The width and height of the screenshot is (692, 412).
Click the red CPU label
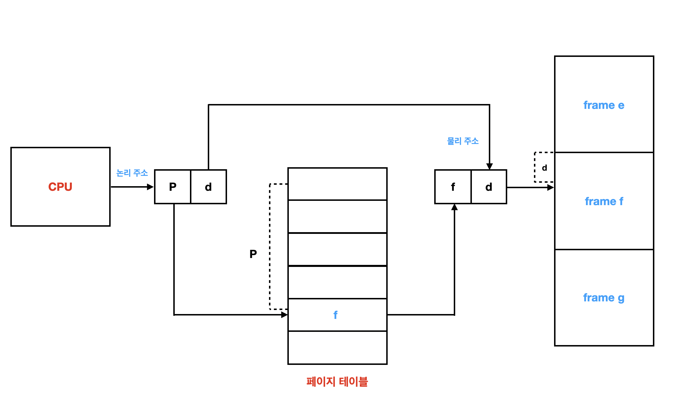(60, 187)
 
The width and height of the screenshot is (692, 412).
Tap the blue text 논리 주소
(132, 173)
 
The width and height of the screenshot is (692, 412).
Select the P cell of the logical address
(173, 187)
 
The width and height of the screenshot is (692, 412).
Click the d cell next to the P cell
(208, 187)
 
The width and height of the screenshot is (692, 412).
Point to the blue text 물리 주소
(463, 141)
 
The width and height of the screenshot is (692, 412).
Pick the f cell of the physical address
(453, 187)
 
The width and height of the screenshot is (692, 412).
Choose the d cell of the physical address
(489, 187)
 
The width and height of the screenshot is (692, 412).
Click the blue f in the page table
(335, 315)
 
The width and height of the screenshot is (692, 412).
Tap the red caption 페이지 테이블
(337, 382)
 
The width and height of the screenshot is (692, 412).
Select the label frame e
(604, 105)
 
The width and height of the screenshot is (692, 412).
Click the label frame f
(604, 201)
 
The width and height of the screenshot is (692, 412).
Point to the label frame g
(604, 298)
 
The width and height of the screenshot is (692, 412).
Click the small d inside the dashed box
(544, 168)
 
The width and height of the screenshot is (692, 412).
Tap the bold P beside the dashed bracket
(253, 254)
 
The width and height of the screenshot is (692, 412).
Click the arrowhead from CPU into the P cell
(150, 187)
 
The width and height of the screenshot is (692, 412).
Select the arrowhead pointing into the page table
(285, 315)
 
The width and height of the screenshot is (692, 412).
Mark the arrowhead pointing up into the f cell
(454, 207)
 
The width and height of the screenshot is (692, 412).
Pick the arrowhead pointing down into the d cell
(490, 166)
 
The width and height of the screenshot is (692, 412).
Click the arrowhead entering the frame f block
(551, 188)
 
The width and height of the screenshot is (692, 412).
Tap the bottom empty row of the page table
(337, 348)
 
